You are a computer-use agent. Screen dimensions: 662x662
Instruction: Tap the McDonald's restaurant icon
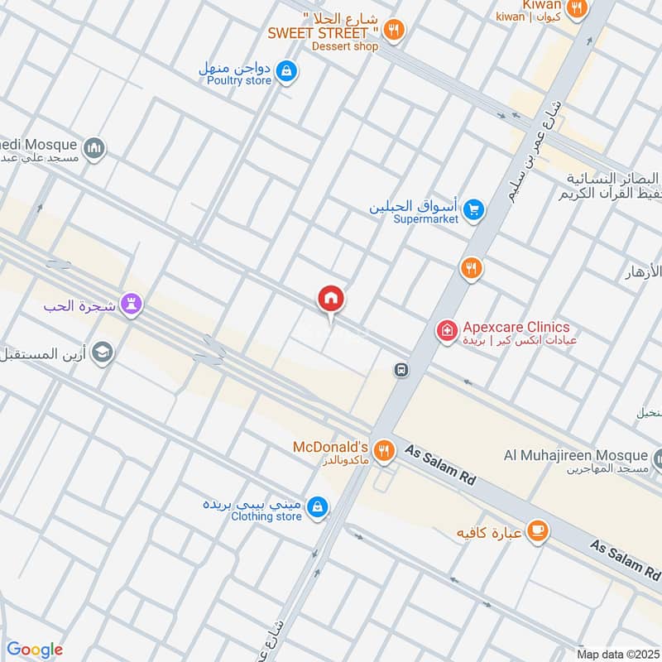pyautogui.click(x=383, y=451)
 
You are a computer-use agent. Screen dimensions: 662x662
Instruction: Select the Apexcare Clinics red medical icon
pyautogui.click(x=447, y=331)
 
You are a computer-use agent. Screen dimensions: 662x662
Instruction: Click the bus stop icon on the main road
pyautogui.click(x=401, y=370)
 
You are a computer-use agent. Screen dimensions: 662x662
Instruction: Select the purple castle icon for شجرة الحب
pyautogui.click(x=130, y=305)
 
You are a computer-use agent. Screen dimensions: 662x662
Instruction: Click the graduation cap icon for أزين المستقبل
pyautogui.click(x=102, y=353)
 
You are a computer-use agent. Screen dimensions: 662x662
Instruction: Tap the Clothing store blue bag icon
pyautogui.click(x=317, y=507)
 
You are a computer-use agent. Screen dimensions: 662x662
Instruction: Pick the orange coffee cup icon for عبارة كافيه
pyautogui.click(x=538, y=530)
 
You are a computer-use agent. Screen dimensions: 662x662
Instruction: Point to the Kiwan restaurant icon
pyautogui.click(x=578, y=7)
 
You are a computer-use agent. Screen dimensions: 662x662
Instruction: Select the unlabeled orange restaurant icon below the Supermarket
pyautogui.click(x=471, y=268)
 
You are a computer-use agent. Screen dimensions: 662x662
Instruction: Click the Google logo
pyautogui.click(x=34, y=650)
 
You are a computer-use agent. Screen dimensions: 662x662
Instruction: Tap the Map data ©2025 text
pyautogui.click(x=616, y=654)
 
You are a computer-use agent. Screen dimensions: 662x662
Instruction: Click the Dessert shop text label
pyautogui.click(x=345, y=46)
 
